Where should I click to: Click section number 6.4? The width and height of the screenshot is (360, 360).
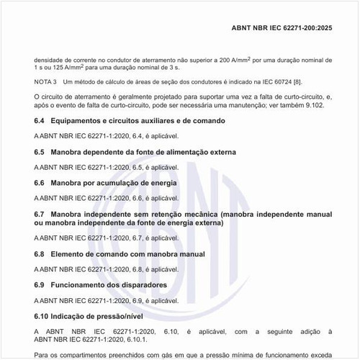point(40,120)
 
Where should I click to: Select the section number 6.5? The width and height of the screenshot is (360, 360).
point(40,152)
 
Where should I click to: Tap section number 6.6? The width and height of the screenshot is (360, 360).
point(40,184)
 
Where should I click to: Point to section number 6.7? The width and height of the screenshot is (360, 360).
point(40,215)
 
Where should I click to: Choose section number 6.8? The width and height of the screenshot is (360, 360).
point(40,254)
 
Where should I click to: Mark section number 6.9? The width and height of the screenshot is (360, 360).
point(40,285)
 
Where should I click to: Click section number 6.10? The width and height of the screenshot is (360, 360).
point(42,316)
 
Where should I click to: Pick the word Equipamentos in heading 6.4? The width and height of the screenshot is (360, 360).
point(81,120)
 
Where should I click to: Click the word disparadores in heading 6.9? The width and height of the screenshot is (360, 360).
point(142,285)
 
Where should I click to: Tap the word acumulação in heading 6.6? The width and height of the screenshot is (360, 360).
point(126,184)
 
